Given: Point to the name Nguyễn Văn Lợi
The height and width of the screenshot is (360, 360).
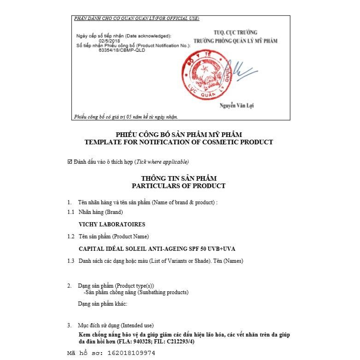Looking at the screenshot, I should (x=237, y=106).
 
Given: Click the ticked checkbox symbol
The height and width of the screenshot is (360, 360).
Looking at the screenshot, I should (x=70, y=162).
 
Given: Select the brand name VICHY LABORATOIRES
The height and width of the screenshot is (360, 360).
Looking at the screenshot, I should (x=112, y=224).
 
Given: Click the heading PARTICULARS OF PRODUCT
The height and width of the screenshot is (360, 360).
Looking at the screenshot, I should (x=178, y=186).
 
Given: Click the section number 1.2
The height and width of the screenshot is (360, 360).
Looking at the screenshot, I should (x=71, y=236).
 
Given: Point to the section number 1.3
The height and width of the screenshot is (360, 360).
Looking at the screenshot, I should (x=71, y=261).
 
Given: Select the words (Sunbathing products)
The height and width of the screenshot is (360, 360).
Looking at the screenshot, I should (x=160, y=292).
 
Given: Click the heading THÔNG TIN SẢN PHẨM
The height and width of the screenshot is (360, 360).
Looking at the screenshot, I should (x=178, y=178).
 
